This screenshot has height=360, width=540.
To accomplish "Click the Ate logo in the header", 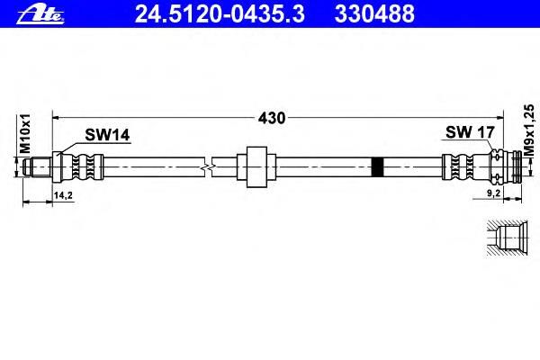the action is (x=40, y=14).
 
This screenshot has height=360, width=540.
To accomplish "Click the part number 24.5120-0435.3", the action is (x=220, y=14).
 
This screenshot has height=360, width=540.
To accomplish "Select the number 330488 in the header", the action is (x=374, y=14).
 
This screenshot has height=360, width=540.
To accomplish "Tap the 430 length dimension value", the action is (x=272, y=118).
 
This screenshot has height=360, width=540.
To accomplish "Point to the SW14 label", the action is (x=107, y=135).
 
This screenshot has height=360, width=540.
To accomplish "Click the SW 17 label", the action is (x=470, y=132).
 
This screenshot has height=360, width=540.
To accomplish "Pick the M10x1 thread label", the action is (x=25, y=134).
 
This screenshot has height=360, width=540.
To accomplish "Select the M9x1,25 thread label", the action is (x=528, y=130).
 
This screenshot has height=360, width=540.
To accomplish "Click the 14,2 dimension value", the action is (x=63, y=195).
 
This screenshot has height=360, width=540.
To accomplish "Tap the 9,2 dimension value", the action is (x=493, y=193).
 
